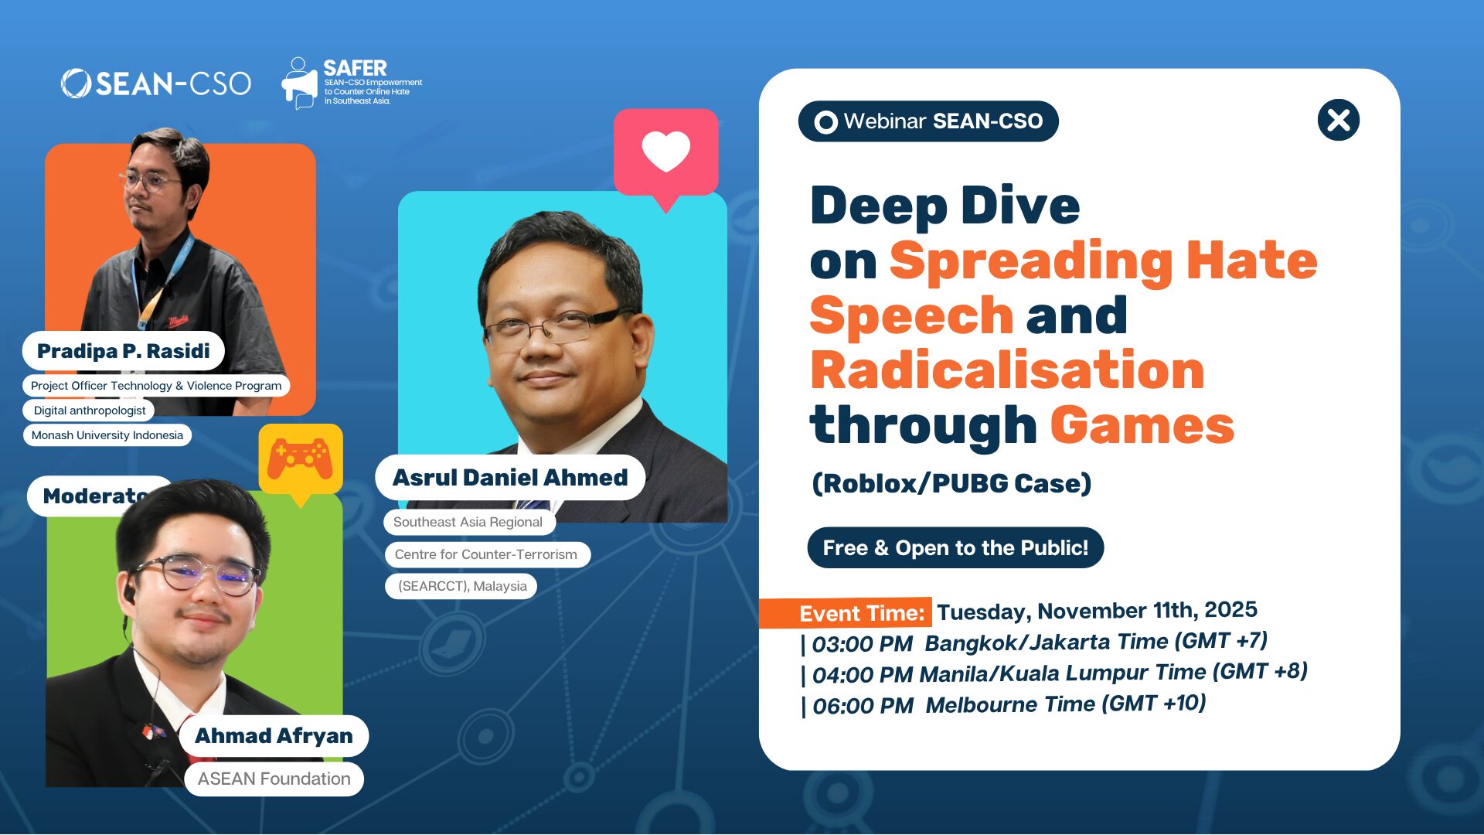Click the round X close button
[x=1338, y=121]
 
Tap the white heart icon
[x=665, y=151]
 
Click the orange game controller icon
[x=300, y=458]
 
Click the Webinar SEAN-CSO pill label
[x=928, y=121]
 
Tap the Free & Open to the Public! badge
[x=955, y=548]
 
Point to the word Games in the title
[x=1142, y=425]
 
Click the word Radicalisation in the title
[x=1007, y=370]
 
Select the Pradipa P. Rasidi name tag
[x=124, y=351]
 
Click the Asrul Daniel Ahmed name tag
[x=510, y=478]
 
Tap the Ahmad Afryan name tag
[x=274, y=736]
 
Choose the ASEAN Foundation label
[x=274, y=779]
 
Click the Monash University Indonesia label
[x=107, y=435]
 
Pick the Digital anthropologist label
[x=90, y=411]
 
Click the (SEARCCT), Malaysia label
[x=461, y=586]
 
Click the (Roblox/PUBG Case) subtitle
[x=951, y=483]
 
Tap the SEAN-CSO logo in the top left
[x=156, y=83]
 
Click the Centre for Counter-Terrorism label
[x=486, y=554]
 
